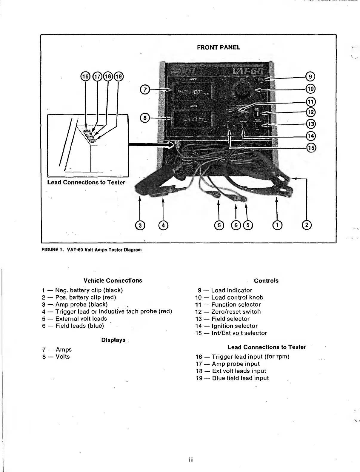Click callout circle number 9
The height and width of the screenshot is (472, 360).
tap(311, 76)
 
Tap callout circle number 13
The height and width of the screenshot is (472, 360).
tap(311, 124)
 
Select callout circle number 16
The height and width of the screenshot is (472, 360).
tap(85, 76)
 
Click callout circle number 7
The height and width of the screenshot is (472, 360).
tap(145, 89)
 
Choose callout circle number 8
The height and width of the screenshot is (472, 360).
tap(145, 118)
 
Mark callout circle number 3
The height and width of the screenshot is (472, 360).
tap(140, 225)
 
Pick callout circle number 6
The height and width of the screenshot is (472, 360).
tap(236, 225)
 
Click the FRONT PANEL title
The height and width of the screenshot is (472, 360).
tap(219, 47)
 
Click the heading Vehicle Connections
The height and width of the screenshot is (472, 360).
tap(113, 280)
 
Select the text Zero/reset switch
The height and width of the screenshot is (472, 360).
tap(236, 311)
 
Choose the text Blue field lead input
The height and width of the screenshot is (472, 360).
tap(240, 378)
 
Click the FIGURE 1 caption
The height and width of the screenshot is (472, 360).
tap(91, 249)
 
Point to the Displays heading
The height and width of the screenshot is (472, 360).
tap(113, 340)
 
